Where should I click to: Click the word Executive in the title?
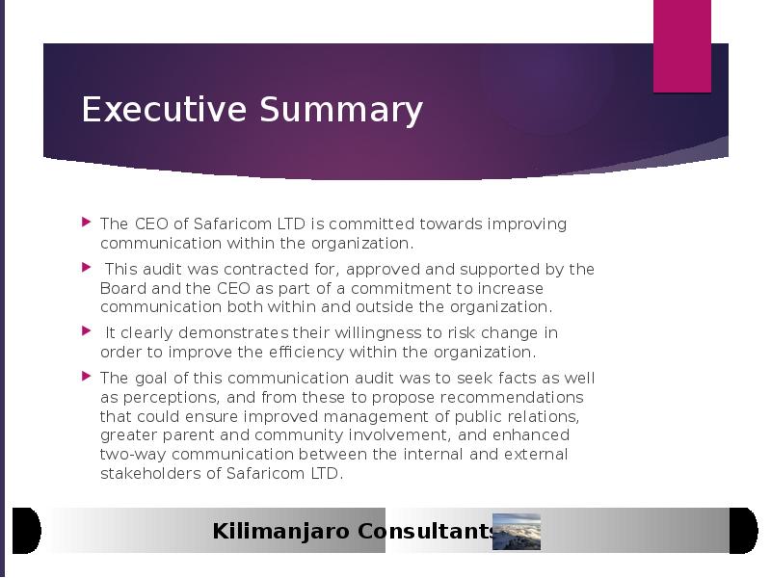[x=164, y=109]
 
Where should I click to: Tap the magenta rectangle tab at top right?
[x=682, y=46]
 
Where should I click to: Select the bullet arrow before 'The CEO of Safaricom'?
[x=87, y=223]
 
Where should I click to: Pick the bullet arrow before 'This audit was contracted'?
[x=87, y=268]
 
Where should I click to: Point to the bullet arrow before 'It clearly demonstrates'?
[x=87, y=330]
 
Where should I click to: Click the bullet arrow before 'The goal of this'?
[x=87, y=377]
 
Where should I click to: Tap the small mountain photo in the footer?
[x=517, y=532]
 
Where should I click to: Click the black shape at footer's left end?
[x=26, y=531]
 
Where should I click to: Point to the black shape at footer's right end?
[x=743, y=531]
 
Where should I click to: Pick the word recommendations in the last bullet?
[x=512, y=397]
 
